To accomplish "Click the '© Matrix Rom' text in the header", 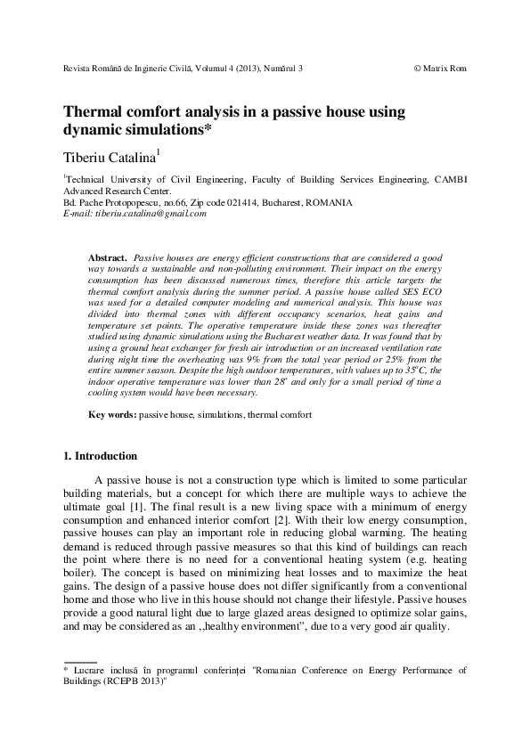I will coord(441,68).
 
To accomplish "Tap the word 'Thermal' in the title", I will coord(93,113).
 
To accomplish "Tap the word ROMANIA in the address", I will coord(328,202).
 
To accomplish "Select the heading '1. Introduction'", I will coord(100,456).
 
